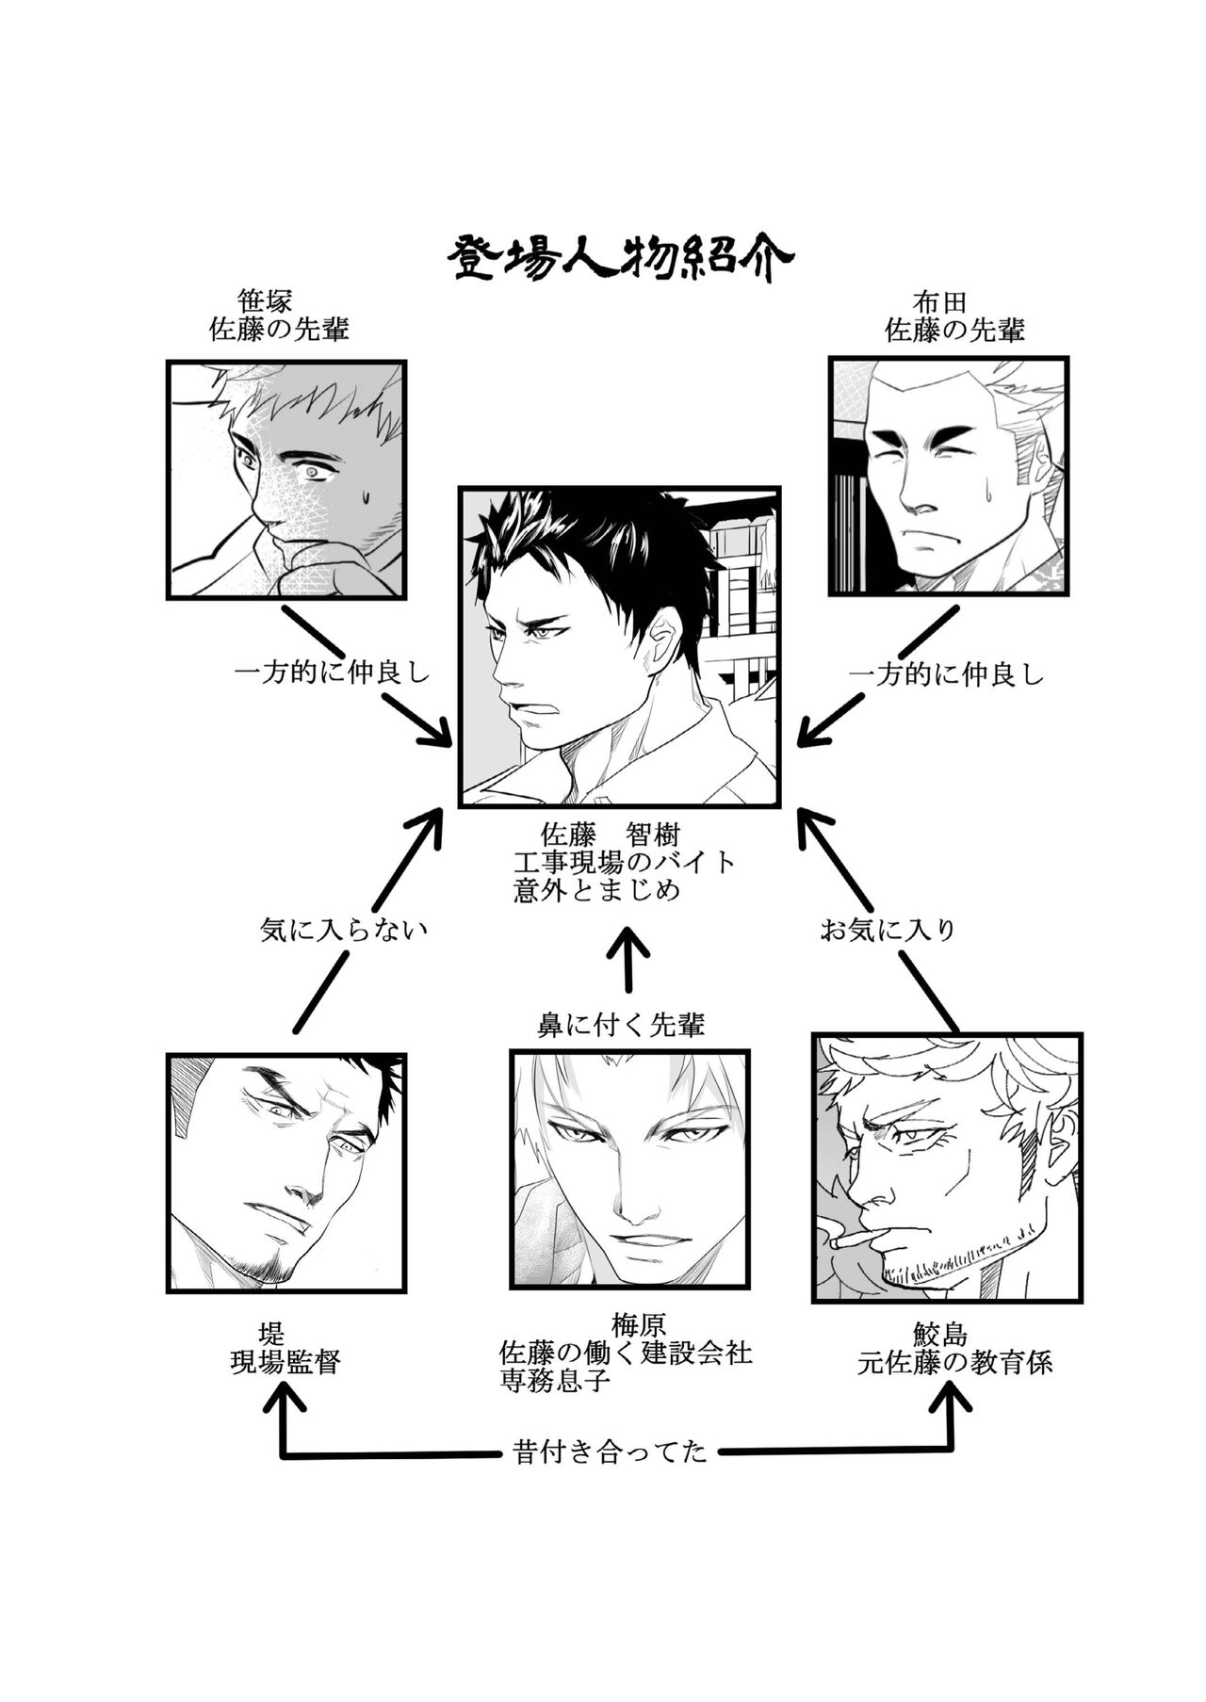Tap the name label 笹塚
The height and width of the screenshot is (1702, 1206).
265,301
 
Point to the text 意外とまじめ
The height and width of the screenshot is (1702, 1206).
596,890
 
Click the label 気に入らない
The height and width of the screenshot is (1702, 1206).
343,931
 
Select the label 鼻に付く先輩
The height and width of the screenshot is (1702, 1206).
621,1025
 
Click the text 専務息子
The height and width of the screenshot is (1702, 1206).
555,1382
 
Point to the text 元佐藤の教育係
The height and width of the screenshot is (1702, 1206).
954,1363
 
